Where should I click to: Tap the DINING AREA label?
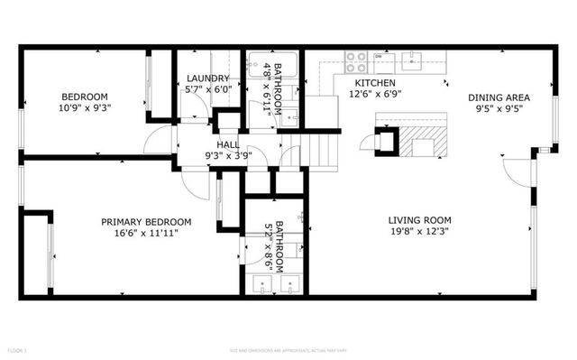click(x=498, y=97)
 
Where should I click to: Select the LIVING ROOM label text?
click(x=419, y=220)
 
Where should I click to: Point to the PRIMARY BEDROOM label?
click(x=146, y=222)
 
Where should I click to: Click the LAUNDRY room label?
click(x=207, y=78)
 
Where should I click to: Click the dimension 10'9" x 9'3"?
click(x=85, y=108)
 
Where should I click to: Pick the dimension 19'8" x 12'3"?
click(x=419, y=232)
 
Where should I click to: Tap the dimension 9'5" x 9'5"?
click(x=498, y=109)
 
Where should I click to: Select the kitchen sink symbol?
click(x=415, y=61)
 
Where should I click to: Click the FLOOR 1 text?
click(x=18, y=349)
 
